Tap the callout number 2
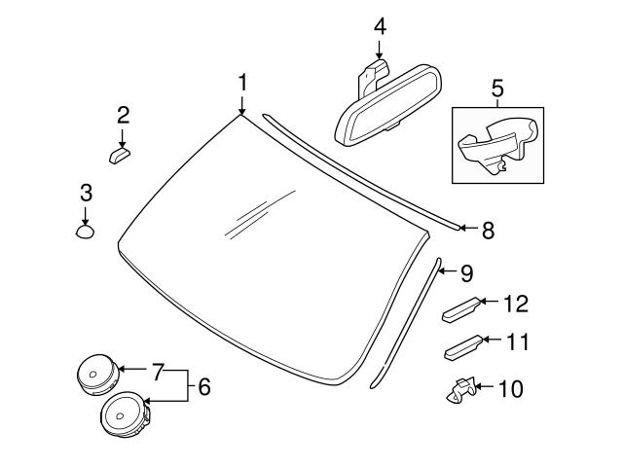pos(123,115)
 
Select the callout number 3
pos(86,192)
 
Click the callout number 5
pos(496,90)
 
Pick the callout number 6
pos(203,386)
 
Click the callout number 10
pos(510,390)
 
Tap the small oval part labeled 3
pos(86,231)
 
